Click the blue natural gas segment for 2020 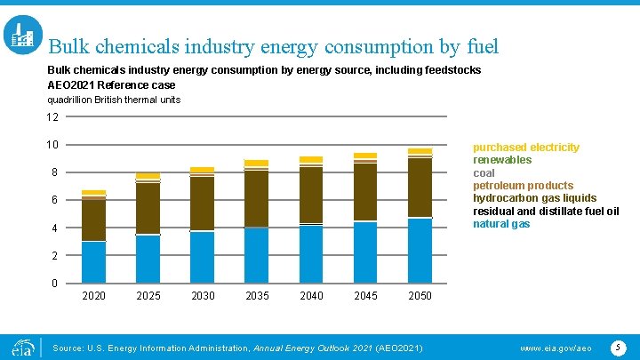(x=93, y=262)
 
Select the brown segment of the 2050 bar (x=420, y=188)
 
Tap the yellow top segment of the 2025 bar (x=148, y=176)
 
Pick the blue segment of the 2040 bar (x=311, y=254)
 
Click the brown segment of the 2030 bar (x=203, y=204)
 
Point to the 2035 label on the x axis (x=257, y=296)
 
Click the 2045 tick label (x=365, y=296)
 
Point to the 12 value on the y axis (x=52, y=117)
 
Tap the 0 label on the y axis (x=55, y=284)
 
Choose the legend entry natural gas (x=502, y=224)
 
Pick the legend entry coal (x=484, y=173)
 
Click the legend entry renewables (x=502, y=160)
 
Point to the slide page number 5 (x=619, y=347)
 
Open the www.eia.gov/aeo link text (x=555, y=348)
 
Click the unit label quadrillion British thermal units (x=113, y=100)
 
